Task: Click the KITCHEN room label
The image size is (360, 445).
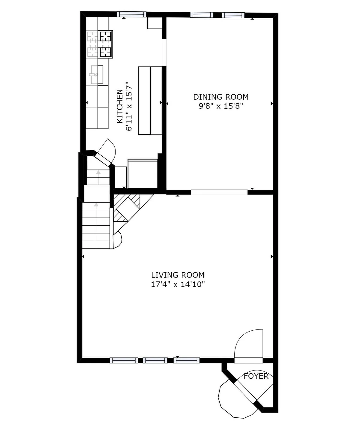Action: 119,106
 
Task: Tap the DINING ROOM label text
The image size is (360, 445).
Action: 221,97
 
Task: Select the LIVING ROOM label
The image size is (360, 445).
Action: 178,275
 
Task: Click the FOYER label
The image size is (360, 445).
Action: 256,376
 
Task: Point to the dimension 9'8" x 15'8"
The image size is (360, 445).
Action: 221,106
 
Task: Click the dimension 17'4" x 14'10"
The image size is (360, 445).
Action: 178,284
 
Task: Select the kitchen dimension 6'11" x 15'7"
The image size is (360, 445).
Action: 129,106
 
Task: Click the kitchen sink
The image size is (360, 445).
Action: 96,75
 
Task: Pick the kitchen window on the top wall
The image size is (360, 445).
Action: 131,14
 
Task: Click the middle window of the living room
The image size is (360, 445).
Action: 155,360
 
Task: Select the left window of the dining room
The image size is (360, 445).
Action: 201,14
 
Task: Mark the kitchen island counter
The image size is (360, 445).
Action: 150,101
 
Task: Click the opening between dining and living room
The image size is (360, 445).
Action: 219,192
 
